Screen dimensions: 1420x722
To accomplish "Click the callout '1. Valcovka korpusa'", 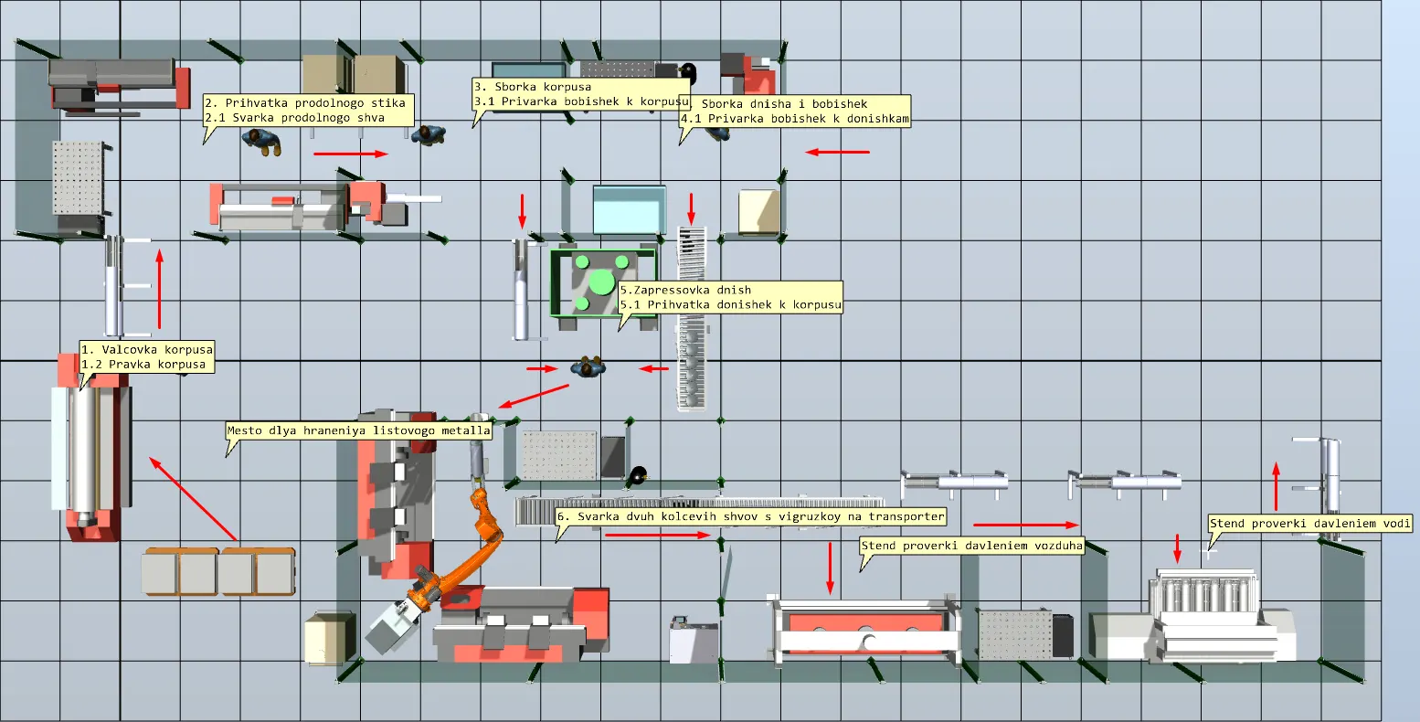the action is (x=147, y=356).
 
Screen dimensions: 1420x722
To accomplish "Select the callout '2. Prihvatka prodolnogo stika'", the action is (x=309, y=111).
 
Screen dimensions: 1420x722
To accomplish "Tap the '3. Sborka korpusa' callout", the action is (x=581, y=94).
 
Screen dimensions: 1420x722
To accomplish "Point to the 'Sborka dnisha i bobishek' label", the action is (x=795, y=111).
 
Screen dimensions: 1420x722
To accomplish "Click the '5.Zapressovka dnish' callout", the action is (x=730, y=297).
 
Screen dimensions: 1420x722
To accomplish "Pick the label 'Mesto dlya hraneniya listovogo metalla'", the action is (x=359, y=430).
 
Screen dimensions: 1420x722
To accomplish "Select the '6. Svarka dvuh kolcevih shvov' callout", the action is (x=750, y=516).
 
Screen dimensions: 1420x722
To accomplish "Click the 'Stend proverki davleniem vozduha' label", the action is (x=972, y=545).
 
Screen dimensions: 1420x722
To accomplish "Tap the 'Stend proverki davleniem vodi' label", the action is (x=1309, y=524).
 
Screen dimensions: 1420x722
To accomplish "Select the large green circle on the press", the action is (x=601, y=282).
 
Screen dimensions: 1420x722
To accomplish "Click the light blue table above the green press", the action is (x=629, y=210).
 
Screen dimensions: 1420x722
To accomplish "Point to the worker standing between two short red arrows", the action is (x=588, y=367).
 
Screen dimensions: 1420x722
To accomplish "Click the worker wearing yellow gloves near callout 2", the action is (x=261, y=141).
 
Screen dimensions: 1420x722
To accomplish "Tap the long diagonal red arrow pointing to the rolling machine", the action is (x=194, y=499).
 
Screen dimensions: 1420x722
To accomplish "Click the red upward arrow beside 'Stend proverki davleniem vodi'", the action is (x=1277, y=486).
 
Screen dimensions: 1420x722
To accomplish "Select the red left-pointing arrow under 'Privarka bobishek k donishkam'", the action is (x=837, y=152).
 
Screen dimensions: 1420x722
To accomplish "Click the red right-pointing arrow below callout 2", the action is (x=351, y=154).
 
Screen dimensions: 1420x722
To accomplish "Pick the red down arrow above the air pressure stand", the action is (x=831, y=568).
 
